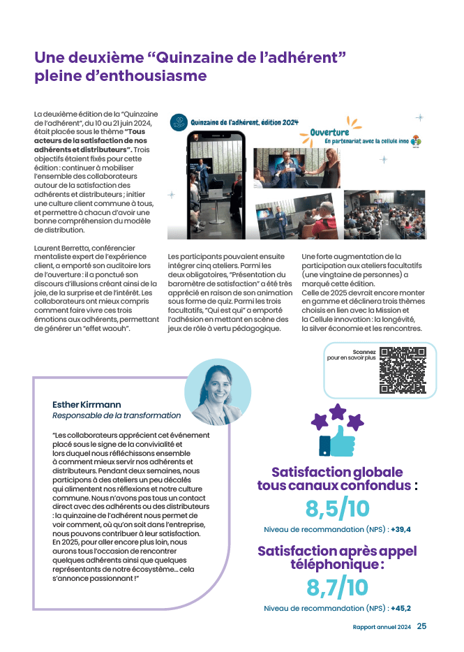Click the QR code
tap(403, 371)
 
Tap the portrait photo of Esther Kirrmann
tap(218, 394)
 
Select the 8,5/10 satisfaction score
tap(337, 508)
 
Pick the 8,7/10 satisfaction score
tap(337, 588)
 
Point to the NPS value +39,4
tap(401, 528)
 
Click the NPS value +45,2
tap(401, 608)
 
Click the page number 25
tap(422, 626)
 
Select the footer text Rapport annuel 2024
tap(382, 627)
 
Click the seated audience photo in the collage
tap(384, 214)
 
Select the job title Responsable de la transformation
tap(117, 416)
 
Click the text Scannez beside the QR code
tap(364, 352)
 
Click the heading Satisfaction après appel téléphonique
tap(337, 557)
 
